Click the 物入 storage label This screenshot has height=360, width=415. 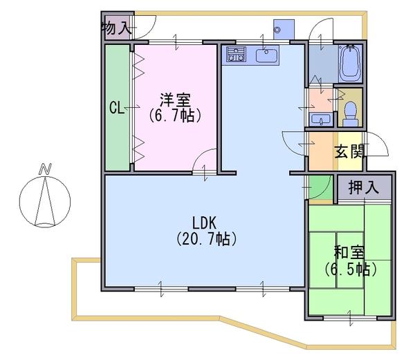[x=116, y=28]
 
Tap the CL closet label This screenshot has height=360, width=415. [x=117, y=108]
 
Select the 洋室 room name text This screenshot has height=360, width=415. [x=176, y=100]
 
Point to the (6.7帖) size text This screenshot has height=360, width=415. [x=176, y=116]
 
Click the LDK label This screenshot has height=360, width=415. [x=205, y=223]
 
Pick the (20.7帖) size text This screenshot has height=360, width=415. [x=205, y=240]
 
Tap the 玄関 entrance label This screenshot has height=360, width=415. [x=350, y=153]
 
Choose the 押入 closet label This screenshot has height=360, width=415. [x=364, y=187]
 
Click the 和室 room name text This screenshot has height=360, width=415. [x=349, y=252]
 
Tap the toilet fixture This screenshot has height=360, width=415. [x=351, y=111]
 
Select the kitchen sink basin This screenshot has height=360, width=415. [x=266, y=55]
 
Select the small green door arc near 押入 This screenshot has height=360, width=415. [x=318, y=189]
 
